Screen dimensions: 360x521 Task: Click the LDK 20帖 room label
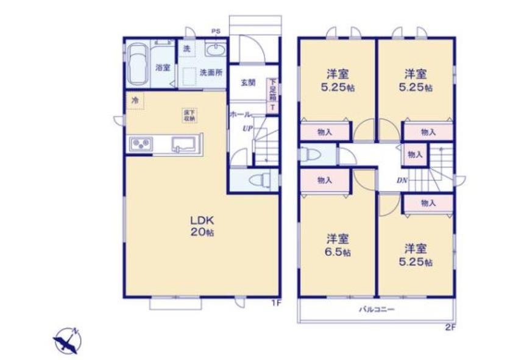[200, 226]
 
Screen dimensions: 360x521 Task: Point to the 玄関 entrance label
[247, 83]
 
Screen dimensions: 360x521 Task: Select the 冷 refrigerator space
[134, 101]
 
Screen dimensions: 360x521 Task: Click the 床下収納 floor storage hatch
[190, 115]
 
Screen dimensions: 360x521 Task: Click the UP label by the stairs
[247, 129]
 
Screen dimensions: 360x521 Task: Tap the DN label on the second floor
[402, 180]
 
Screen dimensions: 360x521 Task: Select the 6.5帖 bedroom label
[336, 244]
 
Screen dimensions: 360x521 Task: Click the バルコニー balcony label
[375, 310]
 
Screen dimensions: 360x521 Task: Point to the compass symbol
[66, 340]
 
